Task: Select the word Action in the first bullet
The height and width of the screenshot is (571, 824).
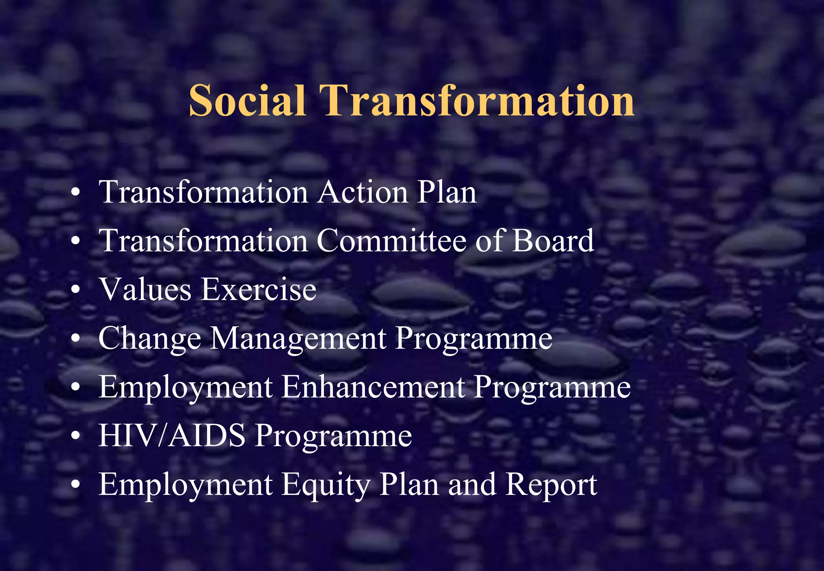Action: click(363, 192)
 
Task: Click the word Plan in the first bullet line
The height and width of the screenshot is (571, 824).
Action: click(447, 192)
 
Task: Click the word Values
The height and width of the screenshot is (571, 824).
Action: click(145, 290)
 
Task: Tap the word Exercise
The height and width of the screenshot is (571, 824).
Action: click(259, 290)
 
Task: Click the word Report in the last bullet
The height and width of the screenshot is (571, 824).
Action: click(551, 484)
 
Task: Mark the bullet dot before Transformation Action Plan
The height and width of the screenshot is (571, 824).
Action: click(75, 193)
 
